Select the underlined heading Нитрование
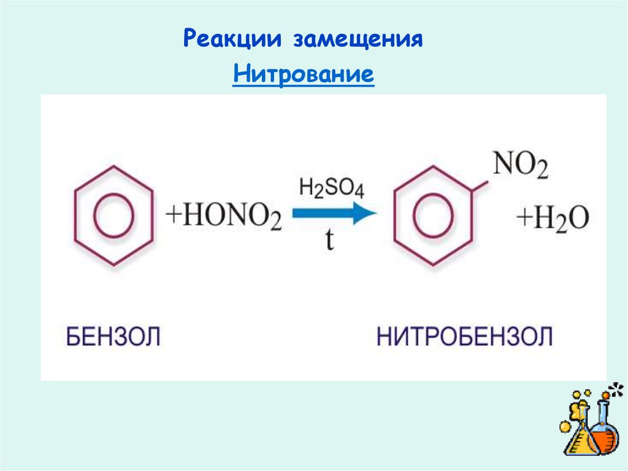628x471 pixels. pyautogui.click(x=304, y=75)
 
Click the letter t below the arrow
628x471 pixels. pyautogui.click(x=330, y=241)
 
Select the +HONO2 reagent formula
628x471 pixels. pyautogui.click(x=224, y=219)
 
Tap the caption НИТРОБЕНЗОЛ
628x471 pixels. pyautogui.click(x=464, y=337)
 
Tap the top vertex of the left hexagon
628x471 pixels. pyautogui.click(x=113, y=166)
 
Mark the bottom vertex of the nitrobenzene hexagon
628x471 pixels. pyautogui.click(x=434, y=265)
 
